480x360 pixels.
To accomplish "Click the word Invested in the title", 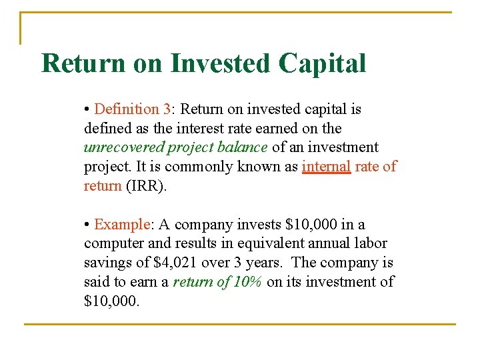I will point(221,63).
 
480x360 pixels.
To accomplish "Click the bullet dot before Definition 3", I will point(87,109).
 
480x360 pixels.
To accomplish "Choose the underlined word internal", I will point(326,167).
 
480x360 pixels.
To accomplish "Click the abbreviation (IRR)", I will point(145,186).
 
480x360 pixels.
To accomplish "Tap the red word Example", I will point(123,225).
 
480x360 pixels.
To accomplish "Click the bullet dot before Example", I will point(87,225).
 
